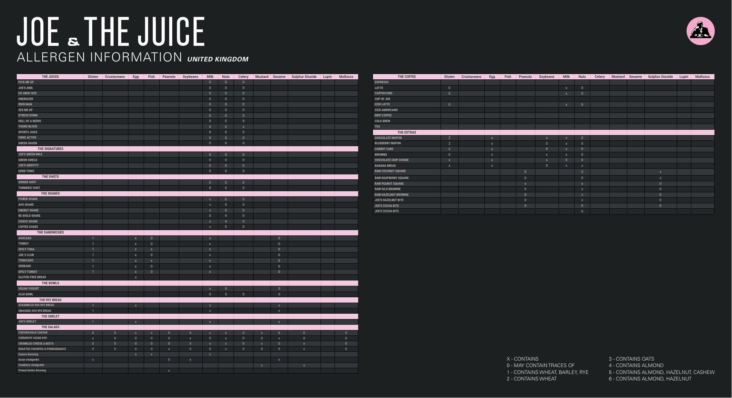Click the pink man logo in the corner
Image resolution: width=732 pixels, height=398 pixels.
[700, 31]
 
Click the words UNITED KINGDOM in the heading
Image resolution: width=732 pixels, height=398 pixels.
[218, 59]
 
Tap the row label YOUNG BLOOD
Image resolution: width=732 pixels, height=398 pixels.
[28, 127]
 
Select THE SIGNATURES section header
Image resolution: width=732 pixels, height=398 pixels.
[50, 149]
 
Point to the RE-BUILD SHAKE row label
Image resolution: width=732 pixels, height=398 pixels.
[29, 216]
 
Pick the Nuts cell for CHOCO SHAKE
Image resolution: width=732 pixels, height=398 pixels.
[226, 221]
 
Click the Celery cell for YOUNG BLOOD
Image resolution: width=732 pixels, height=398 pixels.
[243, 127]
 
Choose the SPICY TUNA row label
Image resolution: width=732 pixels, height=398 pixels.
[26, 250]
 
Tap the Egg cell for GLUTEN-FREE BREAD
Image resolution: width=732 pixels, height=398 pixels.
[136, 277]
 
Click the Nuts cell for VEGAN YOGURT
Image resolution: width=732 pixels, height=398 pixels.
[226, 289]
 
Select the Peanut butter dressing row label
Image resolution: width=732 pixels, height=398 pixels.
[32, 371]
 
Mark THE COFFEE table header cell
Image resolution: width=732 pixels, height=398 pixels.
[407, 77]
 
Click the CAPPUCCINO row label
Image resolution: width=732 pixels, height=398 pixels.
[383, 93]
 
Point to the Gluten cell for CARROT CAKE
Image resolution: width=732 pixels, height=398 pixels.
[449, 149]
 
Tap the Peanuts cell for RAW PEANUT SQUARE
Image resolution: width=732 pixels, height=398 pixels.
[525, 184]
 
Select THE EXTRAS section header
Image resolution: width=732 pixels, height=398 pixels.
[407, 132]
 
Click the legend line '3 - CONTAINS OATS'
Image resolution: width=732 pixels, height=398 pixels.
[631, 359]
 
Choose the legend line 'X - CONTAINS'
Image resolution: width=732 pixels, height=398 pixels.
[522, 359]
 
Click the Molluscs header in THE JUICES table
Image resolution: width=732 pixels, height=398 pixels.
[346, 77]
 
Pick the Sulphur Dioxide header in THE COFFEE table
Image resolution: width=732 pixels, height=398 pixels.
[660, 77]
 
